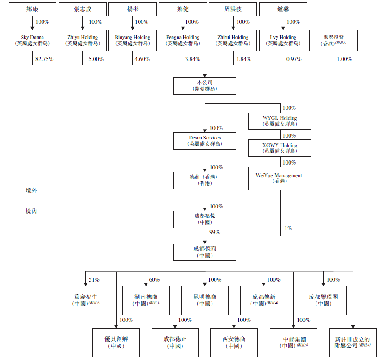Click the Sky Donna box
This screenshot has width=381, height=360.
(32, 40)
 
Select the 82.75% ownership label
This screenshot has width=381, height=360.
(44, 59)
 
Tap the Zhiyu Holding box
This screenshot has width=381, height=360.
(82, 40)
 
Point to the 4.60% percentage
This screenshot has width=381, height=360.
(142, 59)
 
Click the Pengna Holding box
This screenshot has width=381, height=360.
(183, 40)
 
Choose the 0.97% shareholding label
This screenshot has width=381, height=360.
(293, 59)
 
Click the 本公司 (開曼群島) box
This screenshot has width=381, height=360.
(205, 86)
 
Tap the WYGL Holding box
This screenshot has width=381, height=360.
(280, 121)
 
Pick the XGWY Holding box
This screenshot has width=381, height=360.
(280, 148)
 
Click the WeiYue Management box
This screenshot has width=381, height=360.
(280, 178)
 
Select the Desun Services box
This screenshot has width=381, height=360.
(205, 140)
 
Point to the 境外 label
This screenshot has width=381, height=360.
(31, 191)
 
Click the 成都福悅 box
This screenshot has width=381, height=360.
(205, 219)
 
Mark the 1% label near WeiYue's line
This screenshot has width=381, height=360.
(288, 228)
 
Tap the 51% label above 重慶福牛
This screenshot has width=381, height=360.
(94, 280)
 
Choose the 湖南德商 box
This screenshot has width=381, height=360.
(146, 300)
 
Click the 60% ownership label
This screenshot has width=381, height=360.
(154, 280)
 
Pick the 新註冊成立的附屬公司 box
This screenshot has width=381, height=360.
(353, 342)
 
